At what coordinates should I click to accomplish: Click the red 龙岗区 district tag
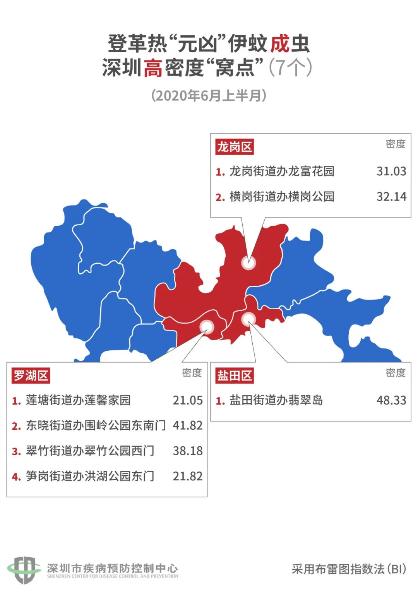pyautogui.click(x=235, y=147)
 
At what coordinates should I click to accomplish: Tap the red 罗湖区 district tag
pyautogui.click(x=31, y=376)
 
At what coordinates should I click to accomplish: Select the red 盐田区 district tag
pyautogui.click(x=235, y=376)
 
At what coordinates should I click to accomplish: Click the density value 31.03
pyautogui.click(x=391, y=171)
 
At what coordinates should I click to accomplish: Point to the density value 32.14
pyautogui.click(x=391, y=197)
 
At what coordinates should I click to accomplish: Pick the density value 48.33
pyautogui.click(x=391, y=400)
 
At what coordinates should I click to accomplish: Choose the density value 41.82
pyautogui.click(x=188, y=425)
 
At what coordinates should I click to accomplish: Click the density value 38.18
pyautogui.click(x=188, y=451)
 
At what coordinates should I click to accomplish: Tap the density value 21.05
pyautogui.click(x=188, y=400)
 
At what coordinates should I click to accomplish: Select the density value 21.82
pyautogui.click(x=188, y=476)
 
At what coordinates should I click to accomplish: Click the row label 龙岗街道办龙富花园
pyautogui.click(x=282, y=171)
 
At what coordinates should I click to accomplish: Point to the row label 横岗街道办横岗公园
pyautogui.click(x=282, y=197)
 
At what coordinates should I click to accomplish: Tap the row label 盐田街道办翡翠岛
pyautogui.click(x=276, y=400)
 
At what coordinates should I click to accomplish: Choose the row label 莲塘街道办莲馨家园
pyautogui.click(x=78, y=400)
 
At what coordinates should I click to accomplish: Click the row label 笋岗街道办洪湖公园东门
pyautogui.click(x=90, y=476)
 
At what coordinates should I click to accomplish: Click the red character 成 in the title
pyautogui.click(x=280, y=43)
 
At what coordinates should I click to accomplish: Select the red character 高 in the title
pyautogui.click(x=153, y=68)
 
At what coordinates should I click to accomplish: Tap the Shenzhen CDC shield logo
pyautogui.click(x=24, y=569)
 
